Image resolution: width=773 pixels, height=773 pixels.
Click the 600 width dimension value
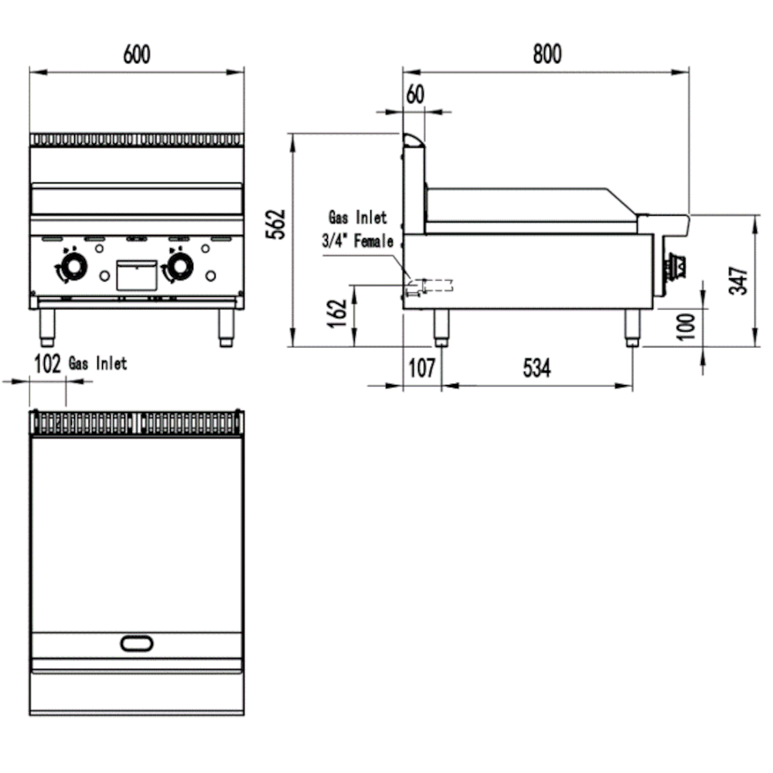(136, 55)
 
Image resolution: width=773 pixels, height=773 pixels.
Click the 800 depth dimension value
(547, 54)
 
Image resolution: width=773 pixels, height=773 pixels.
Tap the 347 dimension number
(739, 280)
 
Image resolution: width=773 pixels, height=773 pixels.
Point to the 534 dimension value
(536, 369)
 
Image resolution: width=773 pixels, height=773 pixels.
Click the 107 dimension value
(421, 369)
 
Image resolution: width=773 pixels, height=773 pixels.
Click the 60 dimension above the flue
(415, 94)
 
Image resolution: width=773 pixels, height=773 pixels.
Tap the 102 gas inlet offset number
(48, 364)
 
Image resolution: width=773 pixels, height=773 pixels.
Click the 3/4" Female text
(358, 242)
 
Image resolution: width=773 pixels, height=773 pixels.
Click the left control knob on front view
(73, 267)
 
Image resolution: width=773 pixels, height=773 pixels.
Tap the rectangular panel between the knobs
(136, 275)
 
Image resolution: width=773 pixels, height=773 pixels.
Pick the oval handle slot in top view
(137, 642)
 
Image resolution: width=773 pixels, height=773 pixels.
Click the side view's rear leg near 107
(441, 328)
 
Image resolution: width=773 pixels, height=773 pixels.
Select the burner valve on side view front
(677, 267)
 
